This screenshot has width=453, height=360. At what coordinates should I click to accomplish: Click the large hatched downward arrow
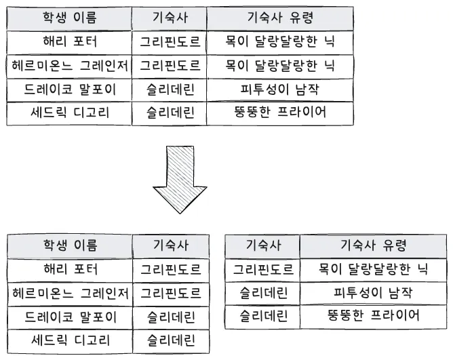point(180,179)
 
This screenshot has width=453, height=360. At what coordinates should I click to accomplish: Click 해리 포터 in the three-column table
point(70,41)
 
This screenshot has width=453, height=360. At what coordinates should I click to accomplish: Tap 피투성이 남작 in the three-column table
point(279,89)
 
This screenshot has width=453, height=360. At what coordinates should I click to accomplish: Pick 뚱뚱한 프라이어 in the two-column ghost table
point(373,315)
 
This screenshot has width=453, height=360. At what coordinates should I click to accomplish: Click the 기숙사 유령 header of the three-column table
point(280,18)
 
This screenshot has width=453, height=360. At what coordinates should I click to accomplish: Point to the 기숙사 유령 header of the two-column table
point(373,245)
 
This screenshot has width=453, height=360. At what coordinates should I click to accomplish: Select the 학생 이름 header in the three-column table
point(70,18)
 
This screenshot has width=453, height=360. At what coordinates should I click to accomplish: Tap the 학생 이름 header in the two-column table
point(71,245)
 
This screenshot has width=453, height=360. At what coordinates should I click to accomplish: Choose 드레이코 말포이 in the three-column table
point(70,89)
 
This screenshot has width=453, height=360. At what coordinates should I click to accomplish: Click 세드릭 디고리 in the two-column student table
point(71,340)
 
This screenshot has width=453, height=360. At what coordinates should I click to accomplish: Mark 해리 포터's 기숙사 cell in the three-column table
point(170,41)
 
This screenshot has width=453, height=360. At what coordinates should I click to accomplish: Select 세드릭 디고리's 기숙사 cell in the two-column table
point(171,340)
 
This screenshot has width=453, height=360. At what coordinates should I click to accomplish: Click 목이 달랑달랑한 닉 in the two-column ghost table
point(373,269)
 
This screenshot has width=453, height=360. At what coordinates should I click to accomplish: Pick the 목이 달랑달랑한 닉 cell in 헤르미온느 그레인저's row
point(279,66)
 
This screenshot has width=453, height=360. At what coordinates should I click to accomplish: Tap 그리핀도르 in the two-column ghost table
point(263,270)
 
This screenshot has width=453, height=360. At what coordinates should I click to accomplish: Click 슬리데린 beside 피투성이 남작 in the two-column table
point(263,293)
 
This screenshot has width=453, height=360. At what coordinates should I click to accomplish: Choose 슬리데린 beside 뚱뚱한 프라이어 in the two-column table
point(263,315)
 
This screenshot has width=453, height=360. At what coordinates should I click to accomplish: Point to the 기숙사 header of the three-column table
point(170,18)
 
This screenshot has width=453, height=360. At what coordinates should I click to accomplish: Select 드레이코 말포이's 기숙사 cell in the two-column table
point(171,317)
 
